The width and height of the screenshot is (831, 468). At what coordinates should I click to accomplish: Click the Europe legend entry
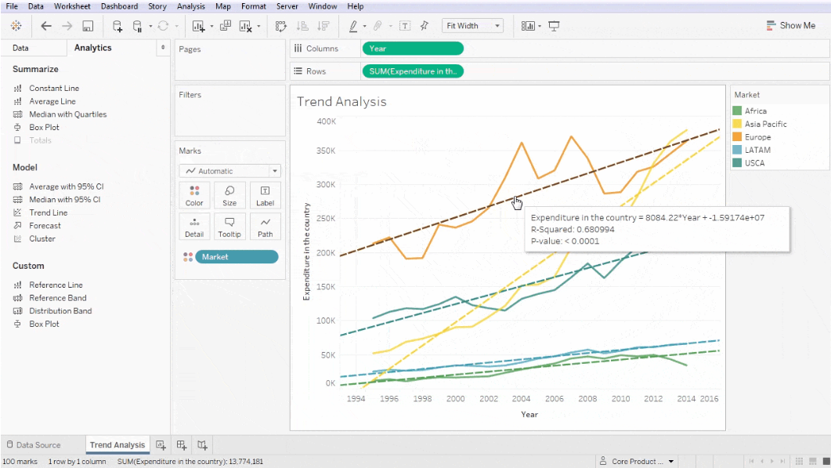[x=757, y=137]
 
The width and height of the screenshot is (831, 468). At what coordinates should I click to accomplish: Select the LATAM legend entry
[x=757, y=150]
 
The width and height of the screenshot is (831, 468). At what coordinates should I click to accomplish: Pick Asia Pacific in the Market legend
[x=765, y=124]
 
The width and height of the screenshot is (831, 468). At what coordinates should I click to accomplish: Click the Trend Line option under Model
[x=48, y=212]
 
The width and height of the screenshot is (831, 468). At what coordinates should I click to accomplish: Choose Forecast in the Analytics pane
[x=45, y=226]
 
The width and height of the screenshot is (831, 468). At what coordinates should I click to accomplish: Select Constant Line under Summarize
[x=53, y=89]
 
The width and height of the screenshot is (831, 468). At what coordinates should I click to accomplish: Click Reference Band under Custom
[x=57, y=298]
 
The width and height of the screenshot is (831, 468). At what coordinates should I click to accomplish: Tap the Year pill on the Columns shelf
[x=412, y=49]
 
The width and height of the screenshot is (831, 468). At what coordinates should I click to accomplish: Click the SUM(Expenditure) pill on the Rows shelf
[x=412, y=71]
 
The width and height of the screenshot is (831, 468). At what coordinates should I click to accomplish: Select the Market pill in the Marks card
[x=236, y=257]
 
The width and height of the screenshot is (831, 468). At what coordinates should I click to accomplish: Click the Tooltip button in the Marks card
[x=229, y=227]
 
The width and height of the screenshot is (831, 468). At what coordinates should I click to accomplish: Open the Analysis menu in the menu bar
[x=190, y=6]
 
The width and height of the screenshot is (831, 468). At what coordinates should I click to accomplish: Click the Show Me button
[x=790, y=26]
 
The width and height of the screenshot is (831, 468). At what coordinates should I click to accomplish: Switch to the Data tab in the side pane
[x=20, y=48]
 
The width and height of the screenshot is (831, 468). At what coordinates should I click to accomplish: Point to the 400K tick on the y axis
[x=326, y=122]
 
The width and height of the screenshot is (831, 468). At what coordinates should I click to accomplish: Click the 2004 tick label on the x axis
[x=521, y=398]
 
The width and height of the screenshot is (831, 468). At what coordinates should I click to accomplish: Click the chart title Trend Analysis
[x=341, y=102]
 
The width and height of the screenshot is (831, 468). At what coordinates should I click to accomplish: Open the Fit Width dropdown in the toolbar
[x=472, y=26]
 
